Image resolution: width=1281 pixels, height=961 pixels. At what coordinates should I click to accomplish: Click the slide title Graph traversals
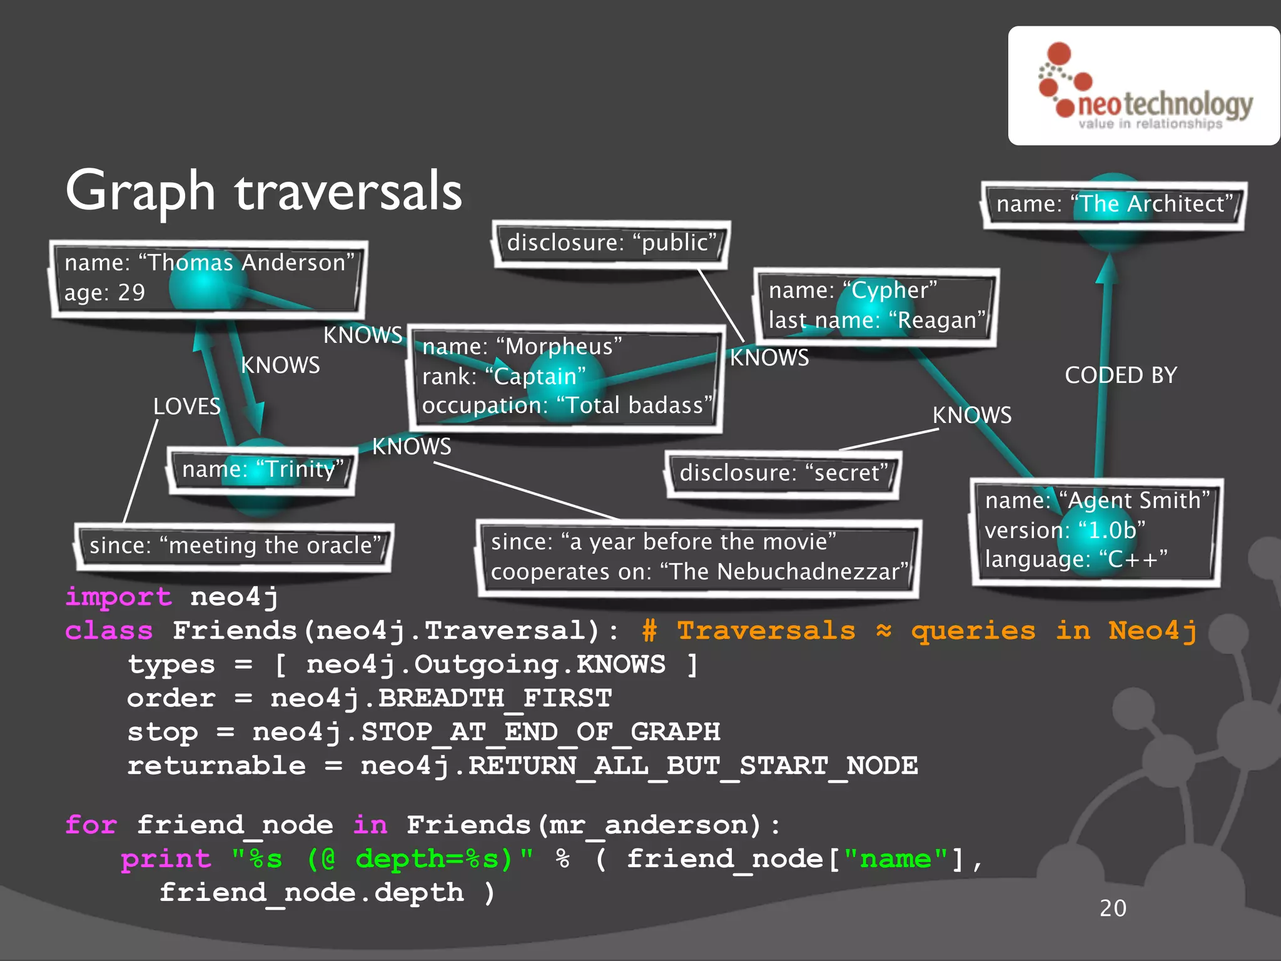click(x=263, y=191)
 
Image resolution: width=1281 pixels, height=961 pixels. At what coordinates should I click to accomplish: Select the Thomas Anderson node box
click(x=208, y=278)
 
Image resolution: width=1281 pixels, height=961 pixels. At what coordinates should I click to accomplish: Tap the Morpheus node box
click(x=566, y=377)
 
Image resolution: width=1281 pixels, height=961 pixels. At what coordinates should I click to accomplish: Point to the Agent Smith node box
click(x=1096, y=531)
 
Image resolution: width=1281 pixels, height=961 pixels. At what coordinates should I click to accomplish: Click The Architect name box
click(x=1114, y=204)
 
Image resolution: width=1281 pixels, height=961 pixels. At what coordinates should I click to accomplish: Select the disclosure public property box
click(x=611, y=243)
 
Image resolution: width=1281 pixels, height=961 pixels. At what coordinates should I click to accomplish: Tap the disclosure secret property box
click(x=783, y=473)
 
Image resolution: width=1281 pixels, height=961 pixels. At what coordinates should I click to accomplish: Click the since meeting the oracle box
click(x=235, y=546)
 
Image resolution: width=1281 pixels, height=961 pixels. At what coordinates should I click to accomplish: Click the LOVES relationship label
click(x=187, y=407)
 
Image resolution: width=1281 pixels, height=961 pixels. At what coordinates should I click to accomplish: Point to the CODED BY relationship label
click(x=1121, y=375)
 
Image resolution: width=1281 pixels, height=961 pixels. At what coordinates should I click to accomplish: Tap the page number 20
click(x=1113, y=908)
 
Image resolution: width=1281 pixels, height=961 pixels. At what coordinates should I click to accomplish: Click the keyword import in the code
click(x=118, y=597)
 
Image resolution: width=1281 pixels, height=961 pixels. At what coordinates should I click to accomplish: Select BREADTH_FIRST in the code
click(x=495, y=698)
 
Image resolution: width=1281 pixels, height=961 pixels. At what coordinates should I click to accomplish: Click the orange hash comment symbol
click(x=649, y=631)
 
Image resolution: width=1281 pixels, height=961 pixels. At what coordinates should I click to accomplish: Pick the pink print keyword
click(x=166, y=859)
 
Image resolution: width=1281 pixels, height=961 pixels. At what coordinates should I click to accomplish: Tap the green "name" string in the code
click(x=896, y=859)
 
